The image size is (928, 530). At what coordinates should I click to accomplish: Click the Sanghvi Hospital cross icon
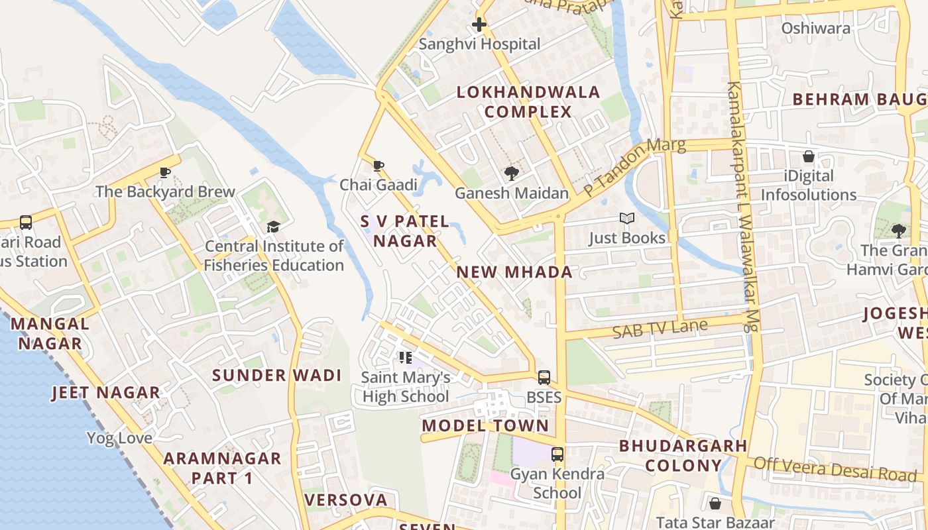tap(479, 25)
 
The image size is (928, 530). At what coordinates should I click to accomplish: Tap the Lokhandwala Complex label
tap(528, 102)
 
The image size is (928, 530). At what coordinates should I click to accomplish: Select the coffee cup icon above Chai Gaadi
tap(378, 166)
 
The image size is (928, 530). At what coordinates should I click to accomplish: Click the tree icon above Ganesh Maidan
tap(511, 174)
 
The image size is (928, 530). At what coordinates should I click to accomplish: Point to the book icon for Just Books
tap(626, 218)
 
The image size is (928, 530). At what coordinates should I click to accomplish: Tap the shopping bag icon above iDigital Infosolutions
tap(808, 157)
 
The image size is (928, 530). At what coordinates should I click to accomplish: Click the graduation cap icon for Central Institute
tap(273, 227)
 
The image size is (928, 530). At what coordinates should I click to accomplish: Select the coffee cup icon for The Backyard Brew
tap(165, 173)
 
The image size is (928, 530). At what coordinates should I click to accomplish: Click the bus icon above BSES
tap(544, 378)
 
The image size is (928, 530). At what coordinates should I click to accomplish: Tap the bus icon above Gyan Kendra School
tap(558, 454)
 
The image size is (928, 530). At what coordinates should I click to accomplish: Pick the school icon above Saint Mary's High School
tap(406, 358)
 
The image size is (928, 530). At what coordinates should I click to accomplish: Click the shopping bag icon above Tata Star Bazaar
tap(715, 503)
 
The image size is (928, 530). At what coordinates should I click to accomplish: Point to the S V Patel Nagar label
tap(405, 231)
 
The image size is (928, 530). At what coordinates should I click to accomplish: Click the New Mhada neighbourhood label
tap(514, 272)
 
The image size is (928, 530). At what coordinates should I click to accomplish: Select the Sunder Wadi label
tap(277, 376)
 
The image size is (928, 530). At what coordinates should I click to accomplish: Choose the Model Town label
tap(485, 426)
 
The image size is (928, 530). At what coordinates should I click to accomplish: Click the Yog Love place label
tap(119, 439)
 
